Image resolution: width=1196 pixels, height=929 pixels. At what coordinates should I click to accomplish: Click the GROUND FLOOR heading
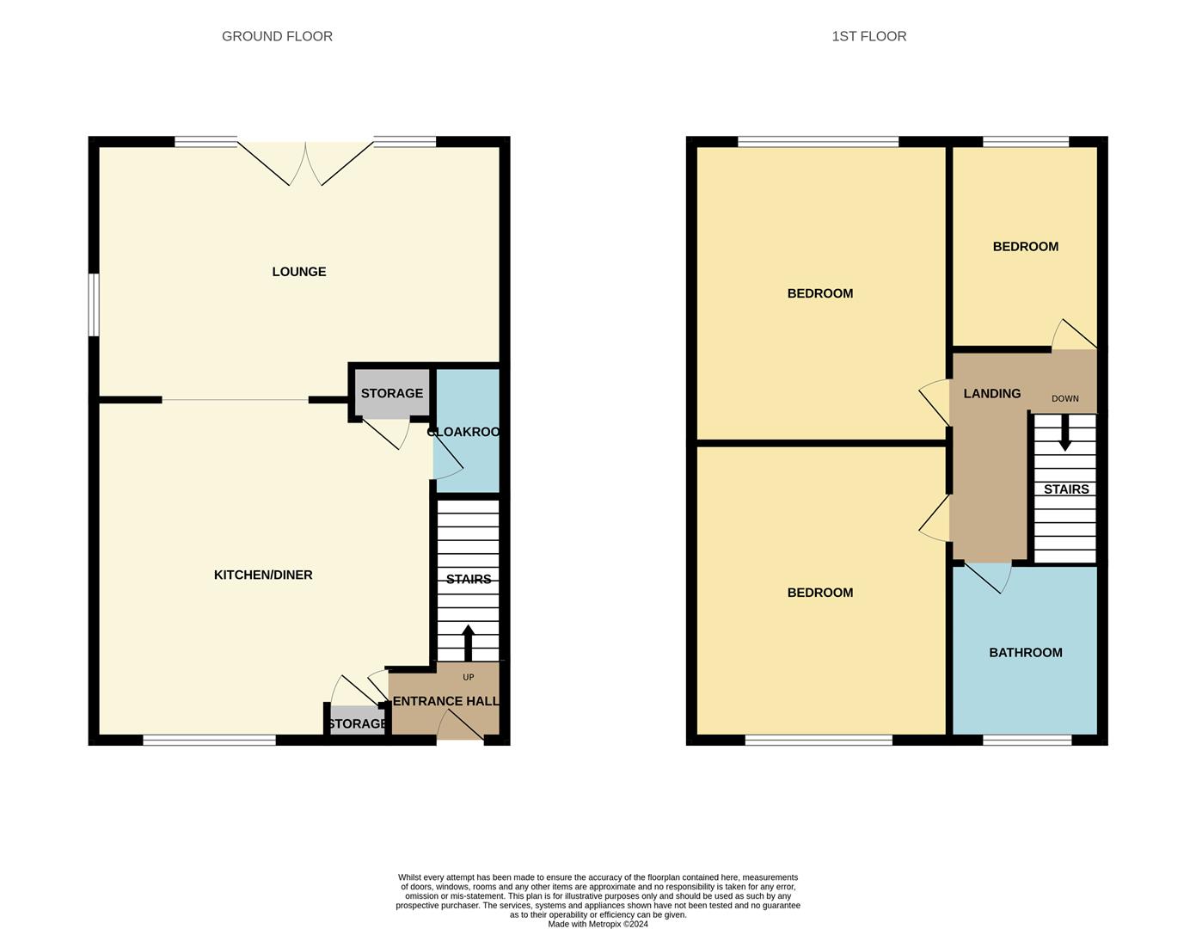277,36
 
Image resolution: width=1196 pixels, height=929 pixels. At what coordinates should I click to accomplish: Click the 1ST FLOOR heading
868,36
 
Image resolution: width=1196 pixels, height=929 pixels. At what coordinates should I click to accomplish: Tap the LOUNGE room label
298,272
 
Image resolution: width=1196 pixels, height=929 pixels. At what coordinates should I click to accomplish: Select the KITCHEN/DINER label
263,575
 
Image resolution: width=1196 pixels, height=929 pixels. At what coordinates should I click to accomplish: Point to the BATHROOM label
1025,653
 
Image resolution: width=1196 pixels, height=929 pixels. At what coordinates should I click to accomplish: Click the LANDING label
991,393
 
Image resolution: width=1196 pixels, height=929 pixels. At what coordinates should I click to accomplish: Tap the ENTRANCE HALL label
445,701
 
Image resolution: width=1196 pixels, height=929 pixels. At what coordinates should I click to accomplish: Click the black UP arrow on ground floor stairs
468,642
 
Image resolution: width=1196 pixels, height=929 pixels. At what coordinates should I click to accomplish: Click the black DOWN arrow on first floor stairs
1064,433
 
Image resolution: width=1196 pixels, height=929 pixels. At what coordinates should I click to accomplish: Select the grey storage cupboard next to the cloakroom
391,393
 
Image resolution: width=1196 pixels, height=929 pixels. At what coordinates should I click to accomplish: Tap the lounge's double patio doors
305,163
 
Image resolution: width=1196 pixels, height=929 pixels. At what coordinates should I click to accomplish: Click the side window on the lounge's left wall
95,305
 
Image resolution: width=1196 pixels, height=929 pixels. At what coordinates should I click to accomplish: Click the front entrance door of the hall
461,728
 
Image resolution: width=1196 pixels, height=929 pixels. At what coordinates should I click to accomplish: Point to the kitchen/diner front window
209,740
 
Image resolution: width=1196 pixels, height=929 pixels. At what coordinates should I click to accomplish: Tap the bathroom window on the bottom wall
1027,740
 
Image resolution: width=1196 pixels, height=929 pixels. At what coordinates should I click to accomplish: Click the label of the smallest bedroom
1025,247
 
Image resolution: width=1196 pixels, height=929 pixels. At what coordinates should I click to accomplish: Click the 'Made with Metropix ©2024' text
598,924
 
